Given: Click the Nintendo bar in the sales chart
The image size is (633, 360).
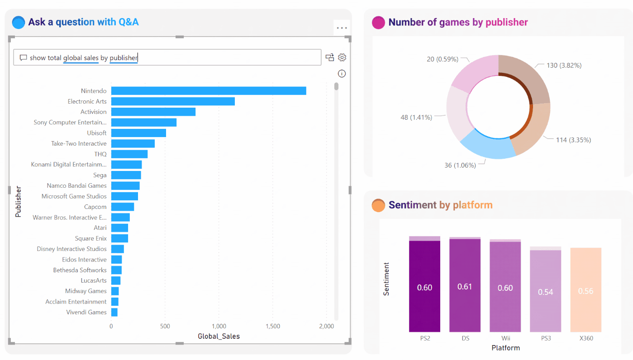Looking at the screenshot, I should [209, 91].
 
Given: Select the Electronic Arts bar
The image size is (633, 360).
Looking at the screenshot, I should [173, 101].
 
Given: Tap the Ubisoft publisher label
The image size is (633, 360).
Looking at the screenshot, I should [97, 133].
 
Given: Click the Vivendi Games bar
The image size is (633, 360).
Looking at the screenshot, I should [114, 312].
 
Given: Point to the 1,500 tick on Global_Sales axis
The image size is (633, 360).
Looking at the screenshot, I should [273, 326].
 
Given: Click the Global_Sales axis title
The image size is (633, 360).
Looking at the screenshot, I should [219, 336].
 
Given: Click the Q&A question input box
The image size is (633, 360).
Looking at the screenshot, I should [167, 57].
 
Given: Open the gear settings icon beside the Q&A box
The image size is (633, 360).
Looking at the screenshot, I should [342, 57].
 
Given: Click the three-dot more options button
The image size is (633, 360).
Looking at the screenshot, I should [342, 28].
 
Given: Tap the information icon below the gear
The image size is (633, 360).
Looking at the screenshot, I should [342, 74].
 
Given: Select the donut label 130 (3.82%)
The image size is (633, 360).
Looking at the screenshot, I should [564, 65].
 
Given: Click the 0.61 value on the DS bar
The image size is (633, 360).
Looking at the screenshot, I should [465, 287].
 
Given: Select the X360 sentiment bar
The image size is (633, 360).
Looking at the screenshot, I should [585, 290].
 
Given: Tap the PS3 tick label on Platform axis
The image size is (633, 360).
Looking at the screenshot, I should [545, 338].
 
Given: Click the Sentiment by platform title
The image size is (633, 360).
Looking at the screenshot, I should [440, 205].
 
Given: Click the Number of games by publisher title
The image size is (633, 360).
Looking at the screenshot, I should [458, 22].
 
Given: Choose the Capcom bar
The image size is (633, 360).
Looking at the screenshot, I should [123, 207].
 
